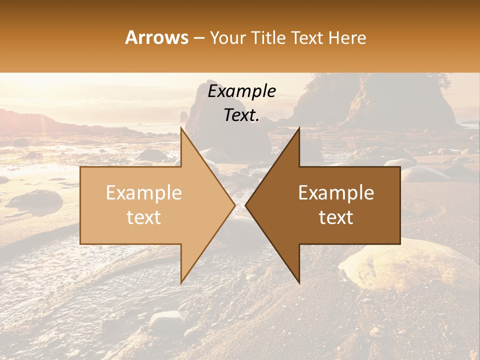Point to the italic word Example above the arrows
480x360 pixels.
tap(241, 91)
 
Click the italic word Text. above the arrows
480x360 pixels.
tap(241, 115)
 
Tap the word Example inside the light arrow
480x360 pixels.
tap(144, 192)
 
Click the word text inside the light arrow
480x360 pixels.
tap(144, 217)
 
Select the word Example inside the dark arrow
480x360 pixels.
tap(336, 192)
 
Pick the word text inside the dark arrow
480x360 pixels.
tap(336, 217)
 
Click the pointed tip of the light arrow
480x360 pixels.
tap(235, 205)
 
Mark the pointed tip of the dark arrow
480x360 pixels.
tap(245, 205)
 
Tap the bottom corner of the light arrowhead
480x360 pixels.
tap(181, 283)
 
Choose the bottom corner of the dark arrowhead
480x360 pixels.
tap(299, 283)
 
